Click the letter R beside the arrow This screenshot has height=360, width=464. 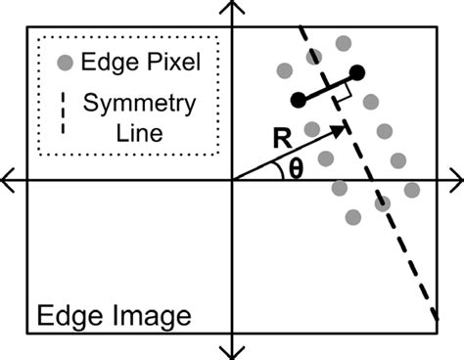(282, 138)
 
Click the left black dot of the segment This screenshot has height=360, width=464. (299, 99)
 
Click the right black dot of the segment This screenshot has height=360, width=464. (357, 71)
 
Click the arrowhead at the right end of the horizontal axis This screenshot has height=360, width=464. (456, 179)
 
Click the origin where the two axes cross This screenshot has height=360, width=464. (232, 179)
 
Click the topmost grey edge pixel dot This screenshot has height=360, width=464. (343, 43)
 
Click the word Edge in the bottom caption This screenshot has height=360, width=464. (69, 317)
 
